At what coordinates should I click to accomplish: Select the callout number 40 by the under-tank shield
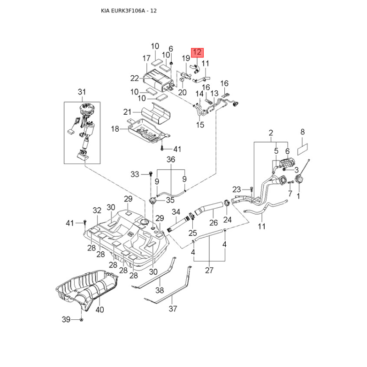[100, 310]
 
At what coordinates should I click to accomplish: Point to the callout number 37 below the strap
[172, 309]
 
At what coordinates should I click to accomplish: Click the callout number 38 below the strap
[160, 290]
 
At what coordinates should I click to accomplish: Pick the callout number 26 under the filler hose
[213, 223]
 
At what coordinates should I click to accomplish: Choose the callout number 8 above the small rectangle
[302, 132]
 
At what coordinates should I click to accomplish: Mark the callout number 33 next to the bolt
[134, 174]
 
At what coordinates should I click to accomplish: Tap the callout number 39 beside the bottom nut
[66, 319]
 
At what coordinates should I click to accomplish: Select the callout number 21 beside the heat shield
[127, 112]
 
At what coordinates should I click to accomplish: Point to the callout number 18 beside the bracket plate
[115, 129]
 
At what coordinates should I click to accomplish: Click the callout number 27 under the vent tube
[209, 270]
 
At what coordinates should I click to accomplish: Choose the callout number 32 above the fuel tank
[97, 211]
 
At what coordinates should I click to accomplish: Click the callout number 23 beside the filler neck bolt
[236, 189]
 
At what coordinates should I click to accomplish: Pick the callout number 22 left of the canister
[134, 78]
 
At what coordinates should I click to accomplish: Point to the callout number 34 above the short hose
[176, 211]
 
